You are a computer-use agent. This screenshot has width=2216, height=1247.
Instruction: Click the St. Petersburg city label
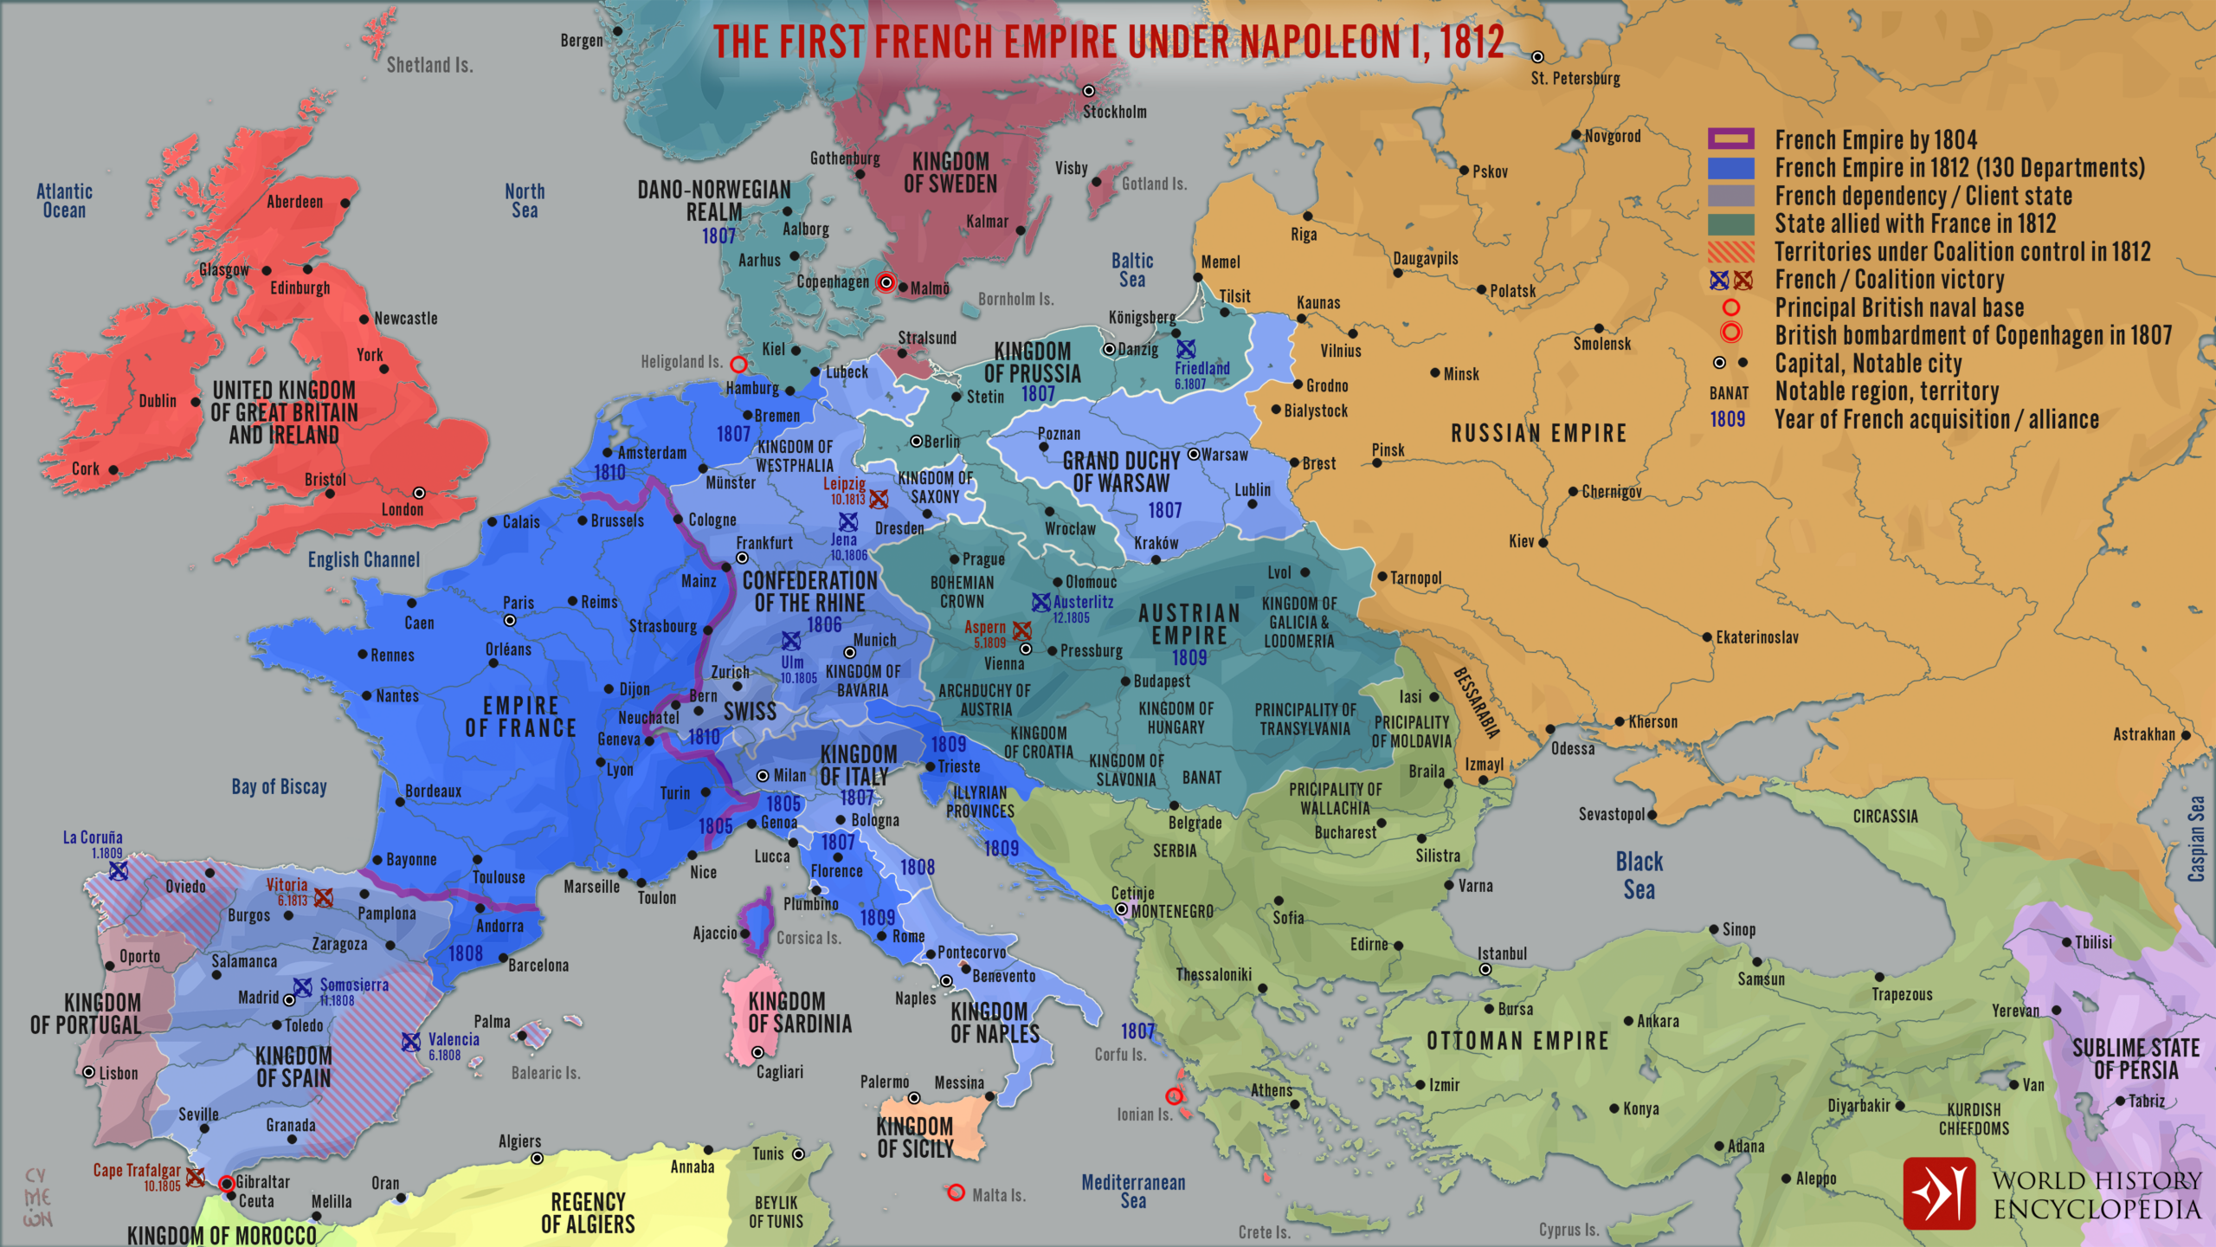[x=1575, y=79]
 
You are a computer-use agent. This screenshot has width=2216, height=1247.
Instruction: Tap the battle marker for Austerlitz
[x=1040, y=602]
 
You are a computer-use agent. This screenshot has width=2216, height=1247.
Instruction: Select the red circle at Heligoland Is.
[x=738, y=365]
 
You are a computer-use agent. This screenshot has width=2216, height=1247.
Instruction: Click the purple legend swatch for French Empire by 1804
[x=1730, y=139]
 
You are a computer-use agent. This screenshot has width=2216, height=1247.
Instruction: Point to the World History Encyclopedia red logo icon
[x=1939, y=1193]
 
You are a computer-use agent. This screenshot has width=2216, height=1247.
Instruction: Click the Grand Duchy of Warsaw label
[x=1121, y=472]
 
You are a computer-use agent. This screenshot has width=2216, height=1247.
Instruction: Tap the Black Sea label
[x=1639, y=875]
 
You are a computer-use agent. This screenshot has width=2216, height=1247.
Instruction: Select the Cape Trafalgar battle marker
[x=196, y=1177]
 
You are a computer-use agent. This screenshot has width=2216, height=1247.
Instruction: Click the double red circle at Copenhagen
[x=886, y=283]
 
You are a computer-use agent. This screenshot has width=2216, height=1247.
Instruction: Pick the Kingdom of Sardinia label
[x=799, y=1012]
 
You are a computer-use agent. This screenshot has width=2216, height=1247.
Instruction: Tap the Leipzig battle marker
[x=879, y=499]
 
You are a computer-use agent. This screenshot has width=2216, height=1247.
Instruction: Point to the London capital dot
[x=419, y=493]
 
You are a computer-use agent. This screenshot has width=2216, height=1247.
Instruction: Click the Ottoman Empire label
[x=1517, y=1041]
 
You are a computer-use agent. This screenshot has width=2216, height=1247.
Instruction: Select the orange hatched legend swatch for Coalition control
[x=1730, y=252]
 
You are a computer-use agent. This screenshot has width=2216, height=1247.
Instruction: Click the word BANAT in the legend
[x=1729, y=393]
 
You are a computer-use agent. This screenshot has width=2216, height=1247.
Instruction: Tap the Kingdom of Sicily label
[x=915, y=1137]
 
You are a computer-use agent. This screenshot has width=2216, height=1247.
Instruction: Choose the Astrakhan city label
[x=2143, y=734]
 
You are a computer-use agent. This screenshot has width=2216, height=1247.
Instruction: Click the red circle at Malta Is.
[x=956, y=1192]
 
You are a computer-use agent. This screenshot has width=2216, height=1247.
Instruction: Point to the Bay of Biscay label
[x=279, y=787]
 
